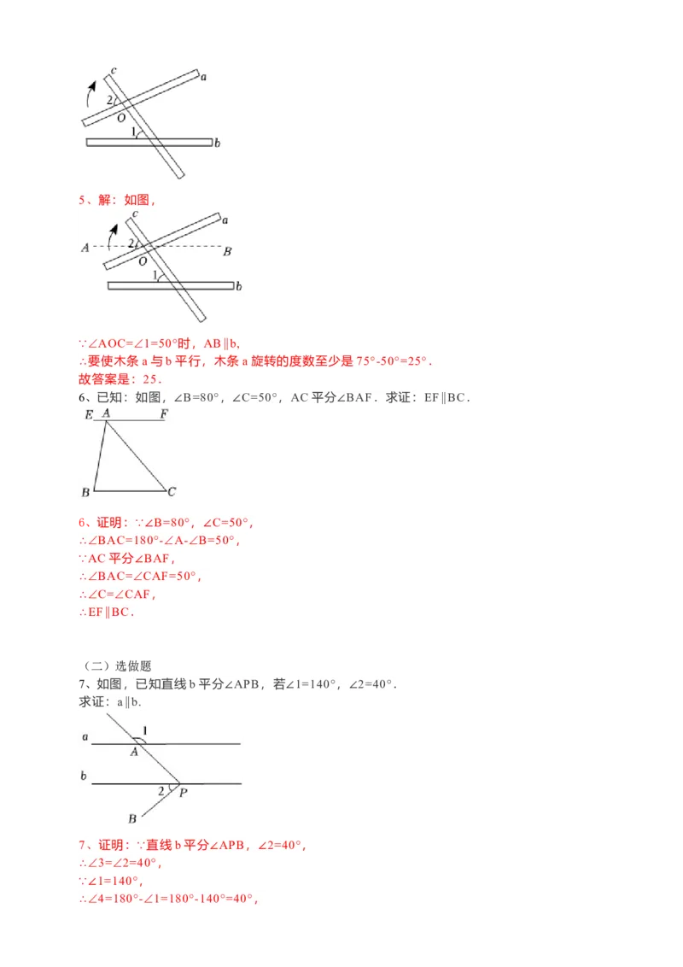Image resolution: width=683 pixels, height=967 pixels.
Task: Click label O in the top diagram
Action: pos(120,117)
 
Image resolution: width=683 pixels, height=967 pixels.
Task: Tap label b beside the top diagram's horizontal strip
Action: pos(218,144)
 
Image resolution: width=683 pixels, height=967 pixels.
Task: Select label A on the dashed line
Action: pos(85,249)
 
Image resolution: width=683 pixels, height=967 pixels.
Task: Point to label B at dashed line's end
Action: pos(227,251)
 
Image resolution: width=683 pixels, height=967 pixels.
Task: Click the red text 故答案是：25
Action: pos(120,379)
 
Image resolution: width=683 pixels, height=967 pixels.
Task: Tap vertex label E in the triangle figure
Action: pos(88,414)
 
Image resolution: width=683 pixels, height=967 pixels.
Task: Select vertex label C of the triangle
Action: pos(172,491)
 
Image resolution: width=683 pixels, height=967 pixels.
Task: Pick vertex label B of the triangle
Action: pos(85,493)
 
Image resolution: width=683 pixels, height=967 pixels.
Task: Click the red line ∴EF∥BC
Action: pos(108,612)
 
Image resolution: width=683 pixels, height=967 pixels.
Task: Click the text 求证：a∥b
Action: pos(109,702)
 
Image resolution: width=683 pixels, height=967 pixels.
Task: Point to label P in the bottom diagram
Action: pos(184,793)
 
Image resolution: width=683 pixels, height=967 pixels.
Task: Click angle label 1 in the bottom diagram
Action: pos(145,730)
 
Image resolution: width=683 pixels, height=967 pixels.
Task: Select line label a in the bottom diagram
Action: pos(85,736)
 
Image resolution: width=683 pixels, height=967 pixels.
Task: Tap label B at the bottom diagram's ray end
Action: pos(132,818)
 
